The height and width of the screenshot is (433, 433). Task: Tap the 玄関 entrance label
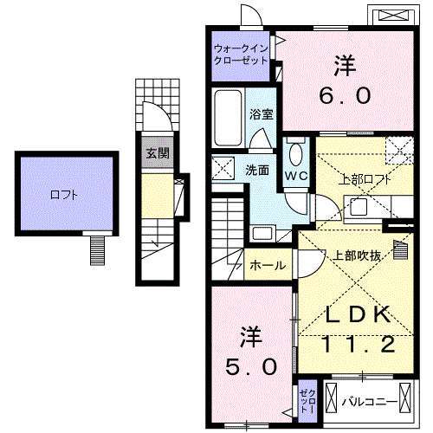pyautogui.click(x=157, y=155)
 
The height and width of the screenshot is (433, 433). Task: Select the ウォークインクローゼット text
pyautogui.click(x=242, y=55)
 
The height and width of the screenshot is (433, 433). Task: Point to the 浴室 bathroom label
pyautogui.click(x=262, y=113)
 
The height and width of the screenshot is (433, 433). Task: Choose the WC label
pyautogui.click(x=294, y=173)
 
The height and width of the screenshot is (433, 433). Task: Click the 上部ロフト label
pyautogui.click(x=358, y=180)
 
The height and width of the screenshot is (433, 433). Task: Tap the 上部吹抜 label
pyautogui.click(x=352, y=255)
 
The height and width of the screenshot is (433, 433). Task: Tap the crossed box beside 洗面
pyautogui.click(x=225, y=167)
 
